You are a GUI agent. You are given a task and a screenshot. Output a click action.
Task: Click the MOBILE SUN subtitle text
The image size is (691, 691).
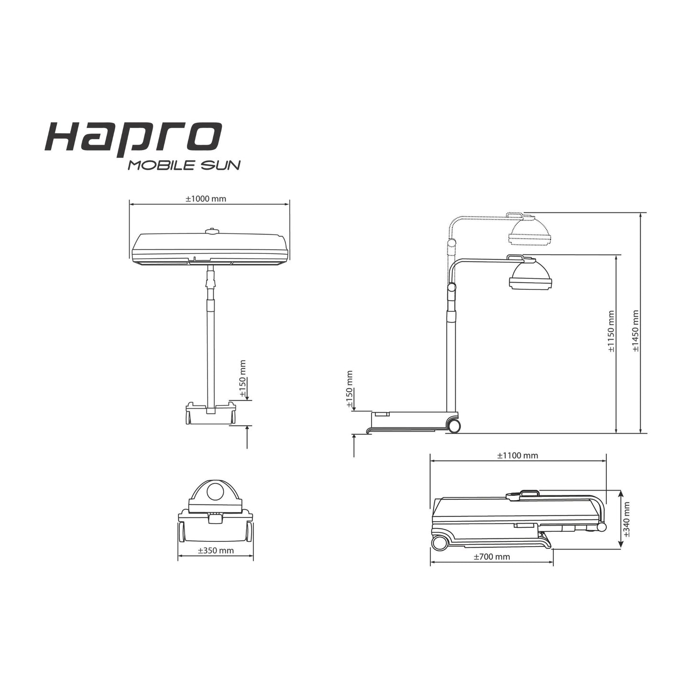pos(184,165)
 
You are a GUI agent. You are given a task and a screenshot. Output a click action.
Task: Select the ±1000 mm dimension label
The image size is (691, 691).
pos(206,198)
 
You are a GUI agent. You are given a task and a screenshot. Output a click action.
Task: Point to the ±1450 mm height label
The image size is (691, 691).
pos(636,331)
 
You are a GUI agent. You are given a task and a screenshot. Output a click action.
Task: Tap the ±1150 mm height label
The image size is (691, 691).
pos(611,331)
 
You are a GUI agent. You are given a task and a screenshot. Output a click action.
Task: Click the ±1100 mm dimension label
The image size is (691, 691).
pos(517,455)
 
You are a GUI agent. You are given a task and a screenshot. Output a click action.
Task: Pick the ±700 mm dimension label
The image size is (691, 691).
pos(492,557)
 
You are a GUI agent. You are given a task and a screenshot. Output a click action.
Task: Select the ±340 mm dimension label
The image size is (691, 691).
pos(626,519)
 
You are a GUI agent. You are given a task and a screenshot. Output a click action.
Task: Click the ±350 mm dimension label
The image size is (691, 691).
pos(216,550)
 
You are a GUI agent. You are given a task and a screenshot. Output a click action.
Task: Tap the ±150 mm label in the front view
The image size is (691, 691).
pos(242,379)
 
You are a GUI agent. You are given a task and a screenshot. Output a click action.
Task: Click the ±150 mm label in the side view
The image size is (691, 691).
pos(350,390)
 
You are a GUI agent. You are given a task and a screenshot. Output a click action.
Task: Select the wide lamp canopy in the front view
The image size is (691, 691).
pos(210,249)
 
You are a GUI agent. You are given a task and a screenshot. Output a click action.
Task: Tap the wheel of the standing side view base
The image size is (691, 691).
pos(453,426)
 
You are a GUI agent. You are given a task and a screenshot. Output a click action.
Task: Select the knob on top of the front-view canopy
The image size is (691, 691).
pos(211,231)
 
